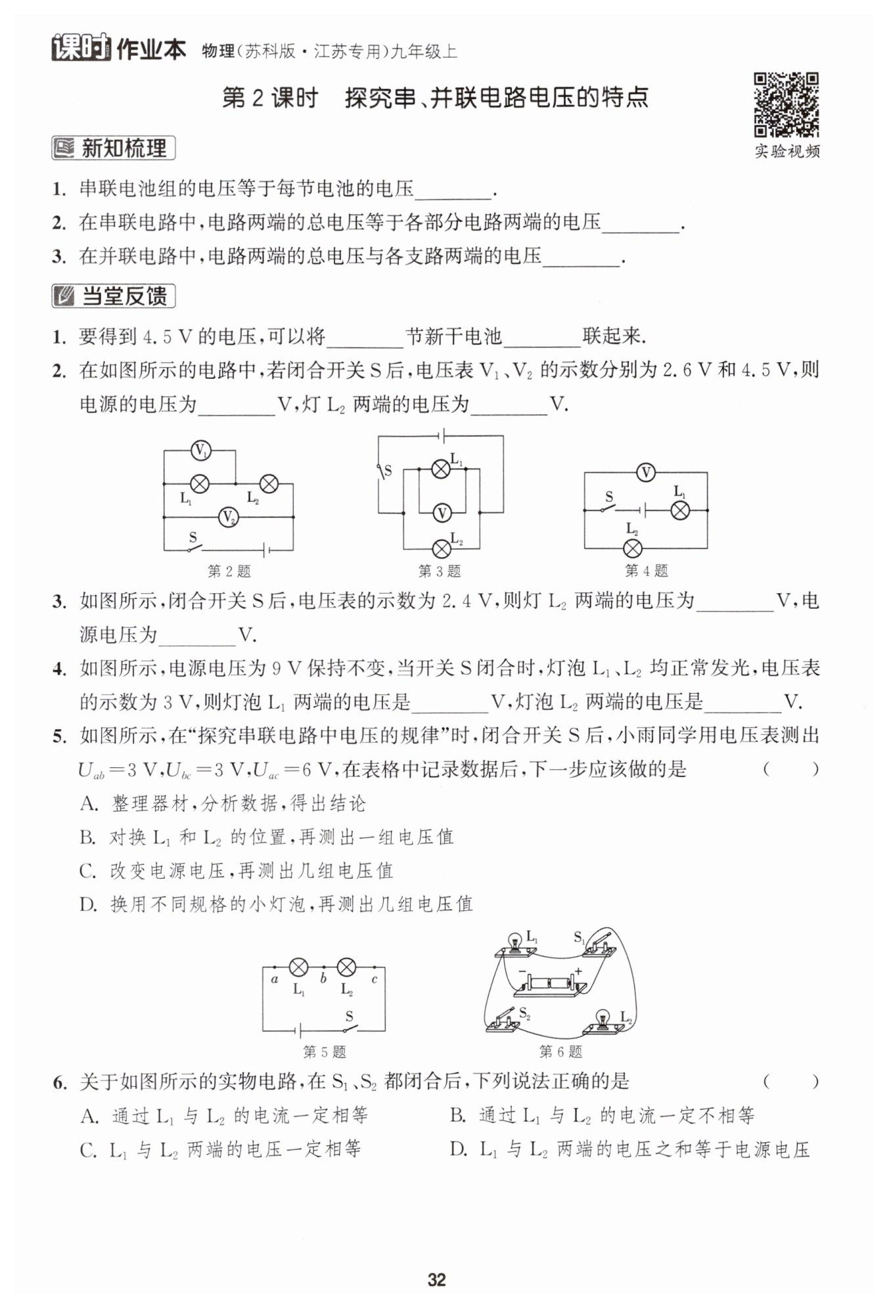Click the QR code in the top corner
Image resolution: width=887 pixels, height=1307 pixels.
786,105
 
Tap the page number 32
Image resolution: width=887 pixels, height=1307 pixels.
436,1279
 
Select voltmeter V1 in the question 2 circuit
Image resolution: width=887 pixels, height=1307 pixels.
200,451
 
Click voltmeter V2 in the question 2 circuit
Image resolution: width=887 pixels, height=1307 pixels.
228,518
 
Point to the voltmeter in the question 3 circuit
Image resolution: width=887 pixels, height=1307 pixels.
442,513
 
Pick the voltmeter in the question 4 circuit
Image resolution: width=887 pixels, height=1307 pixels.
646,472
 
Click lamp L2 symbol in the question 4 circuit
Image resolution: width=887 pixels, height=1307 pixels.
632,548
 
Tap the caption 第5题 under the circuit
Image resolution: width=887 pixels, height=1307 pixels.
325,1052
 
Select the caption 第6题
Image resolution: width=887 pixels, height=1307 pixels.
560,1052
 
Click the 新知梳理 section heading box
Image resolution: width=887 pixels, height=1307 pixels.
114,148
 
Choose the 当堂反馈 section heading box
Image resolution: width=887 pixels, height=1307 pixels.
114,297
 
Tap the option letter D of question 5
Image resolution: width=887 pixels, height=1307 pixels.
88,904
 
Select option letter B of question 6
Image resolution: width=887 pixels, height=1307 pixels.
457,1115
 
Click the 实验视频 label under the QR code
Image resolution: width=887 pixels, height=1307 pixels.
786,152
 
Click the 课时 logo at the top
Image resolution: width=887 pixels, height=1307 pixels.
81,48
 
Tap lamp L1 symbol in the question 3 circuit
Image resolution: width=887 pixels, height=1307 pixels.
440,468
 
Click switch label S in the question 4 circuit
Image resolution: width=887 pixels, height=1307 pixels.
609,497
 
